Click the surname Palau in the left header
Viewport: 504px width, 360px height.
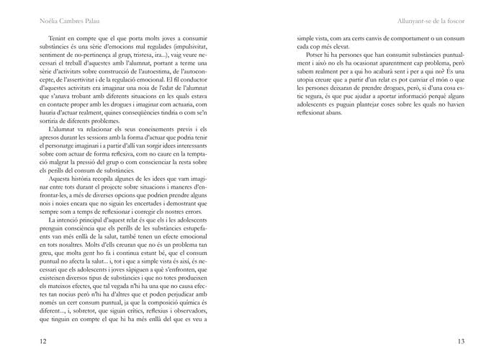click(x=92, y=19)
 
